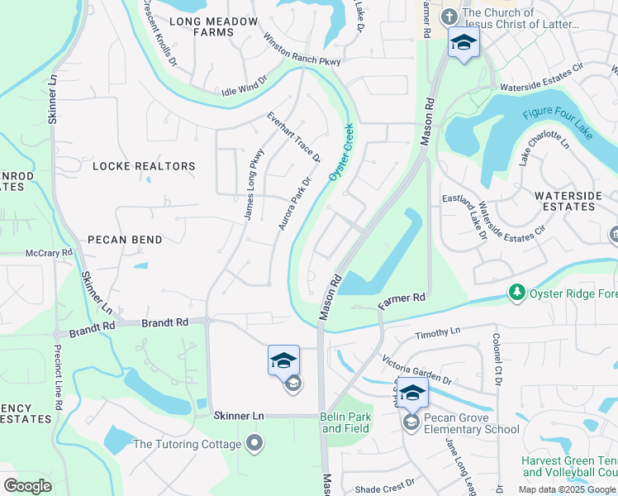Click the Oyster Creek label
tap(341, 153)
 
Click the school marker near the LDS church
tap(463, 42)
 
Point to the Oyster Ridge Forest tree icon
tap(516, 292)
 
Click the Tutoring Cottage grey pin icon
tap(254, 444)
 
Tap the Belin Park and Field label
tap(346, 422)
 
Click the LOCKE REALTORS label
tap(144, 166)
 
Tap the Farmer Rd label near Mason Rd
tap(402, 300)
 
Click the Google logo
tap(27, 486)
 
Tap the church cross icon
tap(449, 16)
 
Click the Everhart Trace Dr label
tap(293, 137)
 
